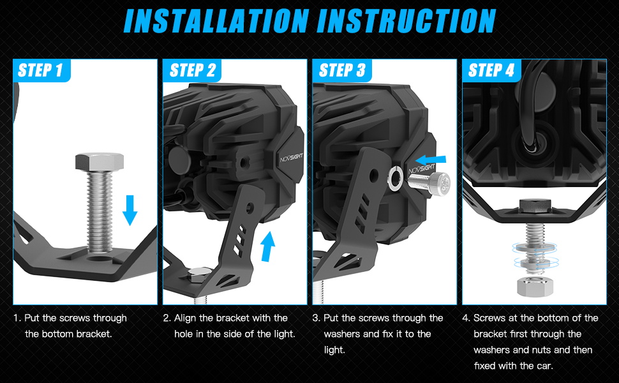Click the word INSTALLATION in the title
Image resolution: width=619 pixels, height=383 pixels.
point(216,20)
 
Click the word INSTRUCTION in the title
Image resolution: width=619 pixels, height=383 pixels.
point(406,20)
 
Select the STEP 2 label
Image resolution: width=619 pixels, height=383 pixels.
point(192,70)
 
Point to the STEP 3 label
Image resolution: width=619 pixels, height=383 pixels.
point(342,70)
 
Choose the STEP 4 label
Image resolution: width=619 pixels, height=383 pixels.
point(491,70)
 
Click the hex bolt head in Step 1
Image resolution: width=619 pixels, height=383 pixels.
point(100,161)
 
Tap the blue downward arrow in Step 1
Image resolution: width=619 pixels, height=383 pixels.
point(130,210)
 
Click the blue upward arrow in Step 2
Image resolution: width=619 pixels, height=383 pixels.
point(267,246)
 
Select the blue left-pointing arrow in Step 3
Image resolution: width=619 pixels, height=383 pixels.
point(431,160)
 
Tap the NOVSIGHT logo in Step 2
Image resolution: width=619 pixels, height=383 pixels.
point(292,158)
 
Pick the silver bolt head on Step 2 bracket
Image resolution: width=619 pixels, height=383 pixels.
point(200,274)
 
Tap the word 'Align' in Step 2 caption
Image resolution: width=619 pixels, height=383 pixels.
point(185,319)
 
